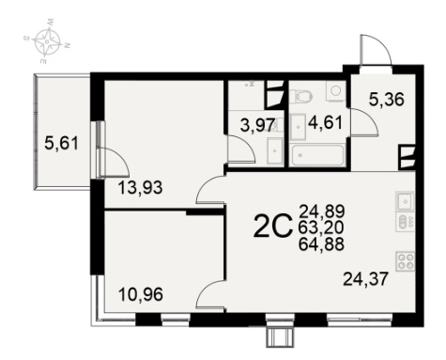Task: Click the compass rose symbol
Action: click(47, 41)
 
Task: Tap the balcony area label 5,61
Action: click(61, 145)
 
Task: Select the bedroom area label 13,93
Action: click(141, 188)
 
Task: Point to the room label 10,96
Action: click(141, 294)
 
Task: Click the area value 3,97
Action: click(258, 125)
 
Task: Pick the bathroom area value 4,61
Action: click(325, 122)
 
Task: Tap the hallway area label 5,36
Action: click(387, 100)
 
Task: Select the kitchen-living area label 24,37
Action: click(366, 278)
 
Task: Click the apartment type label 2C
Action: click(271, 226)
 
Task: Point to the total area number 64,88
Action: click(321, 244)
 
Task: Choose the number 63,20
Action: click(321, 227)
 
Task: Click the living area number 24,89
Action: click(322, 211)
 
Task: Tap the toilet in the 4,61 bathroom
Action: click(301, 96)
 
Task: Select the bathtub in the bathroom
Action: click(317, 155)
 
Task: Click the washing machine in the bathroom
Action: click(336, 91)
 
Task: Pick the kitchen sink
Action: click(405, 201)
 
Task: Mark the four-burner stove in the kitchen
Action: click(405, 261)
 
